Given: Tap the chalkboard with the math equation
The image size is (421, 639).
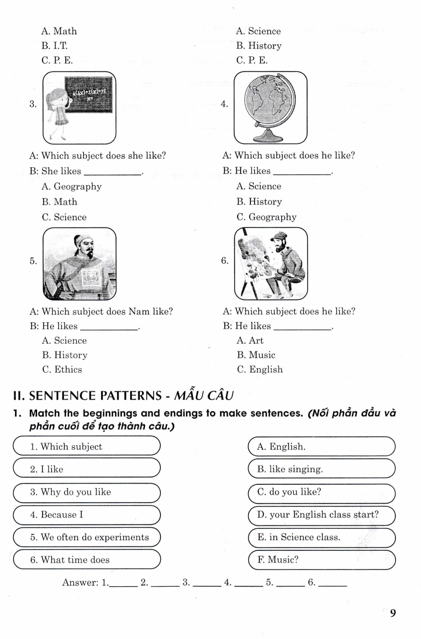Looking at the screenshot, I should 90,95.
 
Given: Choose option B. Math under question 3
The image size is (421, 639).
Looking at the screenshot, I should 59,201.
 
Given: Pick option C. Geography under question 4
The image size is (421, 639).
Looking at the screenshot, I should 266,217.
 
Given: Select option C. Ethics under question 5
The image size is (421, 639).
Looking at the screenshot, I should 62,369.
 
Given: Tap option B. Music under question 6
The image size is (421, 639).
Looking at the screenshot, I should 256,355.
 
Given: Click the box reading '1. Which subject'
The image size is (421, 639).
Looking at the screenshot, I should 87,446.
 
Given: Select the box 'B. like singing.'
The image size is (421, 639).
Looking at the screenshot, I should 321,469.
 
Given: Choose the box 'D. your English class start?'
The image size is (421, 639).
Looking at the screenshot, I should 321,515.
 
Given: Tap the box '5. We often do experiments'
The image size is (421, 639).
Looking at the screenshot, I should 87,537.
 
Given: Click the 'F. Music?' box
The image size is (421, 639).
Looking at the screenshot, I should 321,560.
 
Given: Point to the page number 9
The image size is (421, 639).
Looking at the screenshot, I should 393,613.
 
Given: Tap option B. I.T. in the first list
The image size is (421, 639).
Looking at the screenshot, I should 54,46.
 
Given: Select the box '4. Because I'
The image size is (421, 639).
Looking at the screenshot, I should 87,515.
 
